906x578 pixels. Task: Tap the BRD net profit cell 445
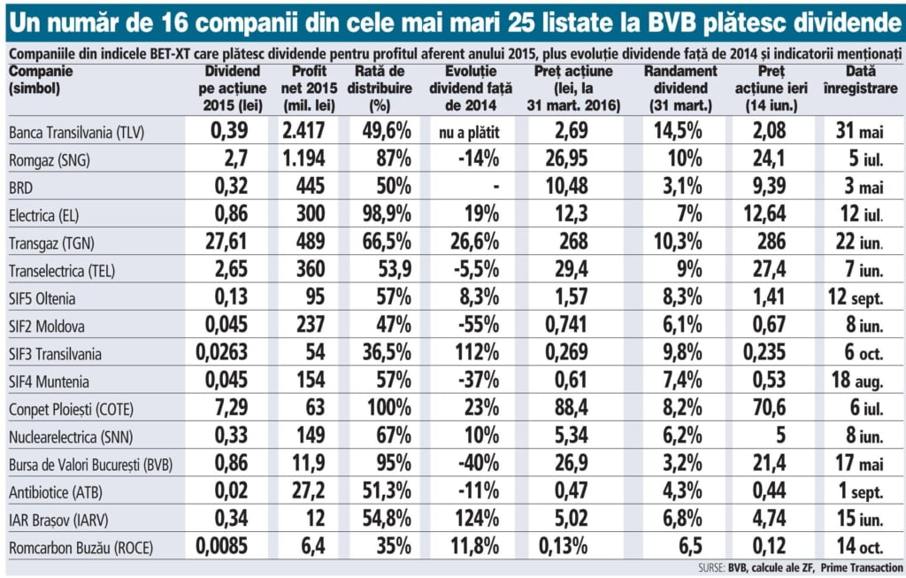pos(311,187)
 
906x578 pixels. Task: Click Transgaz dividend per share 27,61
pos(224,242)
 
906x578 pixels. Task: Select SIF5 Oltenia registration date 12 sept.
pos(862,297)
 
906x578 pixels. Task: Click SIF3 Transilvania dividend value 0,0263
pos(224,353)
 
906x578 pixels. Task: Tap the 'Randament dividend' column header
pos(680,88)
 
